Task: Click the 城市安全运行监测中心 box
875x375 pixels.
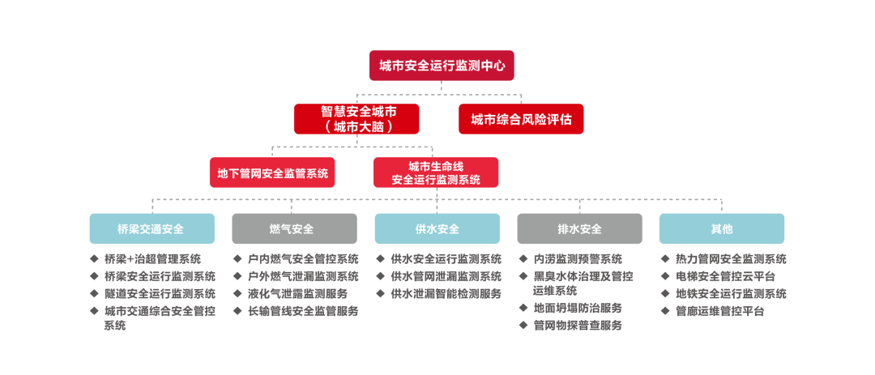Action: (442, 66)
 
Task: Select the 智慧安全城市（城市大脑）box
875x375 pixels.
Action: (356, 118)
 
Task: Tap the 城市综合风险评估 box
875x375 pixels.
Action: (521, 119)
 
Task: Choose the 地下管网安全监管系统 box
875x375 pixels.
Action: (271, 172)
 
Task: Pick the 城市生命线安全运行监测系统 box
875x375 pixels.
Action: (436, 173)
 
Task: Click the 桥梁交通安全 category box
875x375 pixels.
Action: (152, 228)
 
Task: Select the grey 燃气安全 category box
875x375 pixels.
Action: (294, 228)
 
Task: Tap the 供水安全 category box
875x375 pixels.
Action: (437, 228)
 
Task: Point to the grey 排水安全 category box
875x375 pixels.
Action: (579, 228)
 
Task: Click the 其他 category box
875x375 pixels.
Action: (721, 228)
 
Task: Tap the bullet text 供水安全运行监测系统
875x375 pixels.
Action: (445, 259)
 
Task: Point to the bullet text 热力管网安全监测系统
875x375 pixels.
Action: (730, 259)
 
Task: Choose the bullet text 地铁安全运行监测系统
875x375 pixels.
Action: (730, 293)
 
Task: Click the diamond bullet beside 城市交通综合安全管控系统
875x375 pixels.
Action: (94, 310)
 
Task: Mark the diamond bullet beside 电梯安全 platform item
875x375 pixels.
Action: (664, 276)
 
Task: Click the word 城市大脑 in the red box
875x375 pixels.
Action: (356, 127)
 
